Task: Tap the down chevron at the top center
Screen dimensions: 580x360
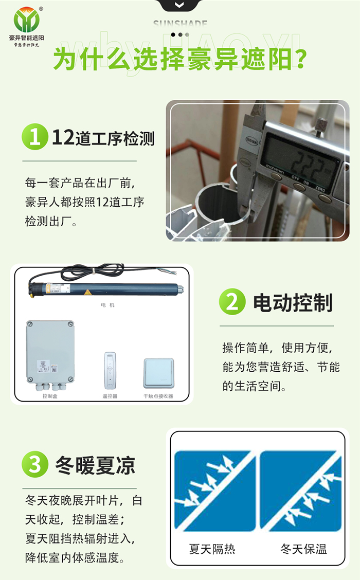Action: coord(179,5)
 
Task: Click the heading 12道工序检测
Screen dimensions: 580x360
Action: coord(103,138)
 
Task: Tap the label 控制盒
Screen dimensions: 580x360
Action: coord(50,396)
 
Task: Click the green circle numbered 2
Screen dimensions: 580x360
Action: coord(232,302)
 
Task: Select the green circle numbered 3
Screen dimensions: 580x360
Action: coord(34,465)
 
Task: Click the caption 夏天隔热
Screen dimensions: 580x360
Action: coord(212,549)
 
